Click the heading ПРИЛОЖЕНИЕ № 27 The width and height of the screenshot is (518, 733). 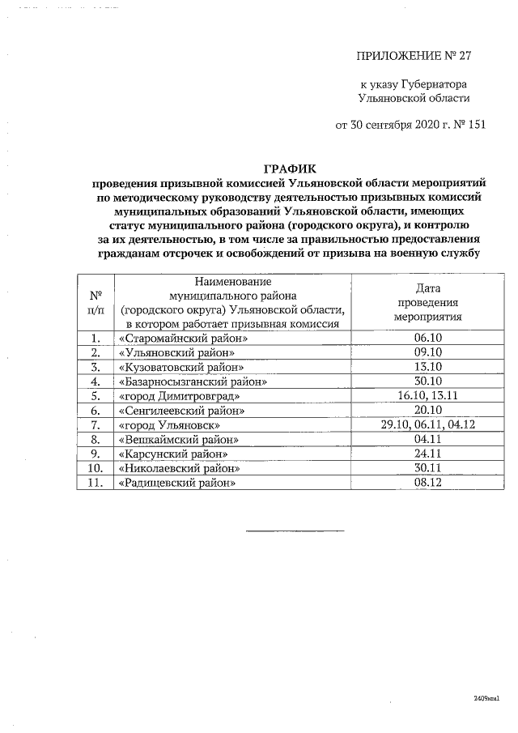coord(413,56)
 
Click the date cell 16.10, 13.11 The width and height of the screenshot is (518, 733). coord(427,396)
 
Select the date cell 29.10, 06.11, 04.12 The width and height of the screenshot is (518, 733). coord(427,425)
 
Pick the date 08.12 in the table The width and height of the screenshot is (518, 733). coord(427,484)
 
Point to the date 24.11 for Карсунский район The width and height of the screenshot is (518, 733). coord(427,454)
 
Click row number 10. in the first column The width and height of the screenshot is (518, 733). coord(96,469)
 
